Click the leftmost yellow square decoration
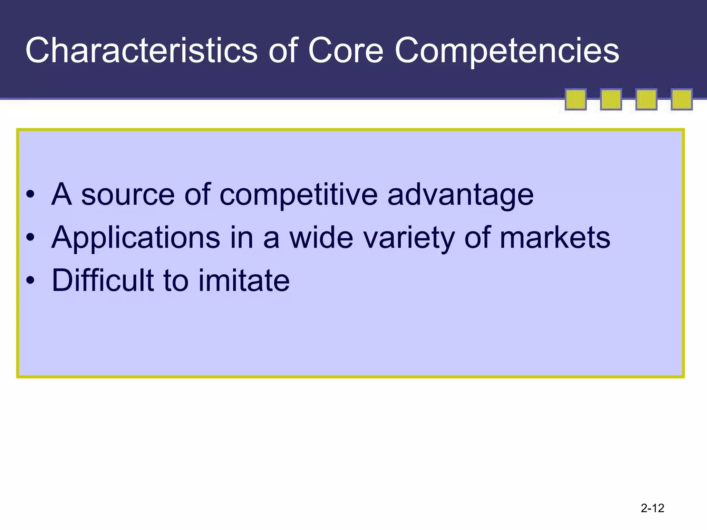[575, 99]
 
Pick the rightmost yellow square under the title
[681, 99]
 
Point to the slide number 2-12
[652, 508]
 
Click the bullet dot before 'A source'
[30, 195]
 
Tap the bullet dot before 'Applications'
[30, 237]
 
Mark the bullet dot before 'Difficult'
[30, 280]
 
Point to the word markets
[555, 237]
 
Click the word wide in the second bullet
[321, 237]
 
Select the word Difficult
[103, 280]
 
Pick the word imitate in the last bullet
[244, 280]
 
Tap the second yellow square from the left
[611, 99]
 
